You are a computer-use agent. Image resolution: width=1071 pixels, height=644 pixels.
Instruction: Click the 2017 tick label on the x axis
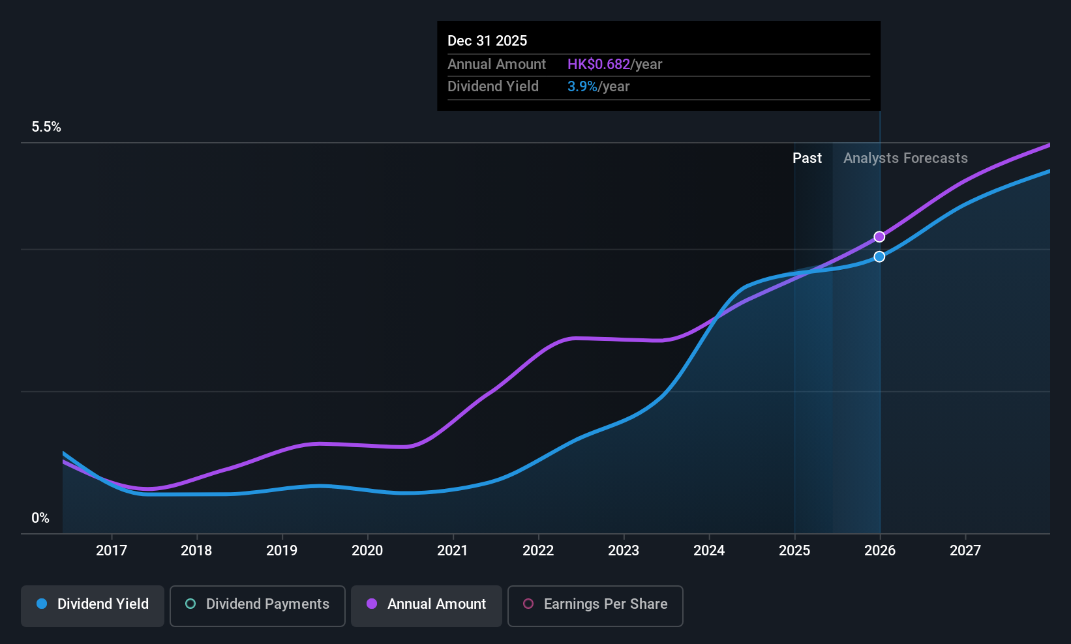point(112,550)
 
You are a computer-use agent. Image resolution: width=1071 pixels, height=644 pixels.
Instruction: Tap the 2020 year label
point(367,550)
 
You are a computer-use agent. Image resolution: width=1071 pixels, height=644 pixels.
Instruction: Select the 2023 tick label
point(624,550)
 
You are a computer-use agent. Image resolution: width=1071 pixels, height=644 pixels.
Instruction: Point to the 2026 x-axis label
point(880,550)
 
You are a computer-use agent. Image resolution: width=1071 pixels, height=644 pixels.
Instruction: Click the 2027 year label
point(965,550)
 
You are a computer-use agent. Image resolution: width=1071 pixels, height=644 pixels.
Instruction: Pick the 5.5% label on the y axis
point(46,127)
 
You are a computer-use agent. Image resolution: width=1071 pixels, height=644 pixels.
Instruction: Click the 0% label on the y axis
point(40,518)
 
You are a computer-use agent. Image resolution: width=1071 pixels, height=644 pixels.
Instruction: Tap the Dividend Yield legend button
point(92,606)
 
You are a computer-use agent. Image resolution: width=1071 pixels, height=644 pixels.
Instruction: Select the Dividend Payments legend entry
point(257,606)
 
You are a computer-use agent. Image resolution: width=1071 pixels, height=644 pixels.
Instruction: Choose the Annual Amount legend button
point(427,606)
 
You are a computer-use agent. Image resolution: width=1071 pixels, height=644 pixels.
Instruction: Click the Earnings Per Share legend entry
point(596,606)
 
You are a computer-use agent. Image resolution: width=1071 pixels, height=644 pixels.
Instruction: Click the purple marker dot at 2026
point(879,237)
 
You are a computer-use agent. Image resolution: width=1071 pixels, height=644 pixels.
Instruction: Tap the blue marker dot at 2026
point(879,257)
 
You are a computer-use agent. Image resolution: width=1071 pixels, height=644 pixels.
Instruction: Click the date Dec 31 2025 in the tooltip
point(487,41)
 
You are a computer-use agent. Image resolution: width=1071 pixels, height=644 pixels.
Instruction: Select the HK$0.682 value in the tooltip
point(599,64)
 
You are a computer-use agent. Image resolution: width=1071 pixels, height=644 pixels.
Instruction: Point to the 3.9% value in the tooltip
point(582,87)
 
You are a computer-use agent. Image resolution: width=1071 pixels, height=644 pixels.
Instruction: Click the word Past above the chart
point(807,158)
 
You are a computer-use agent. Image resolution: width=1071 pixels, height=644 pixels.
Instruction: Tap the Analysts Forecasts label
point(905,158)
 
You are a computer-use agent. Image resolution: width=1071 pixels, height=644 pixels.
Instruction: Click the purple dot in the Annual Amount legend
point(372,604)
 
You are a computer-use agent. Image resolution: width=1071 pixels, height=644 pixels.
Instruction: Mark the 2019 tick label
point(282,550)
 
